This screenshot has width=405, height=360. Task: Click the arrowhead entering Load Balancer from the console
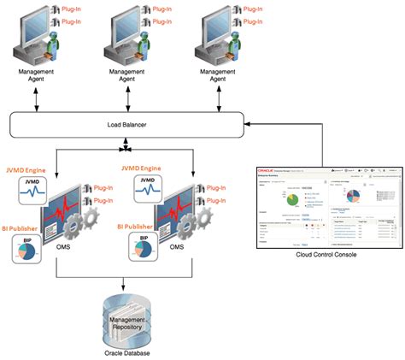(249, 126)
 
